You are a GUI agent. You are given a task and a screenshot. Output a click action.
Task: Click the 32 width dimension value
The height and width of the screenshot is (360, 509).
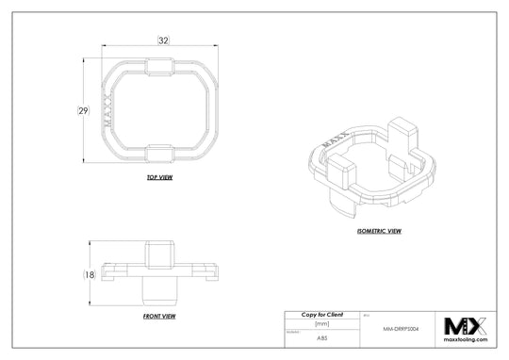163,41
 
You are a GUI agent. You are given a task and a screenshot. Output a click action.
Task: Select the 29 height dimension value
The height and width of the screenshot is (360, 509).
83,111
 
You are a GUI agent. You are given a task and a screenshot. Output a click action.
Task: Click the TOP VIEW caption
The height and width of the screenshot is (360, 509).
159,177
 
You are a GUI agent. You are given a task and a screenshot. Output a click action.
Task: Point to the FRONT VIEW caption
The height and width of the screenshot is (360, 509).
159,317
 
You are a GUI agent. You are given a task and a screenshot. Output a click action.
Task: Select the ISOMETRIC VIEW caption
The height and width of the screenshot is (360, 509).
380,230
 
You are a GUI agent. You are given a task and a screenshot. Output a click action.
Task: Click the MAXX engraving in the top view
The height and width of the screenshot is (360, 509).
107,109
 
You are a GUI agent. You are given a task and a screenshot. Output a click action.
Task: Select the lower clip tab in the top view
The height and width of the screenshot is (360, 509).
160,152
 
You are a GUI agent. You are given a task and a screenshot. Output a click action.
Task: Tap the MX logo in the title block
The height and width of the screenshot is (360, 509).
466,326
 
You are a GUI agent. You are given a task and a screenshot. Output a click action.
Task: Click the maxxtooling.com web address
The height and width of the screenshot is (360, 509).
466,342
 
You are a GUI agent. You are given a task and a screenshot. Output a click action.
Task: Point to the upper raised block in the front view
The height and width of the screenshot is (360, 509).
160,254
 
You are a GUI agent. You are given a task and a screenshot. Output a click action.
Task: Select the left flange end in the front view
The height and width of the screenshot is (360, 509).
106,273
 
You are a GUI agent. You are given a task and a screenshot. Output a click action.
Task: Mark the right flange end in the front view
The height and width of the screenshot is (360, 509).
215,273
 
